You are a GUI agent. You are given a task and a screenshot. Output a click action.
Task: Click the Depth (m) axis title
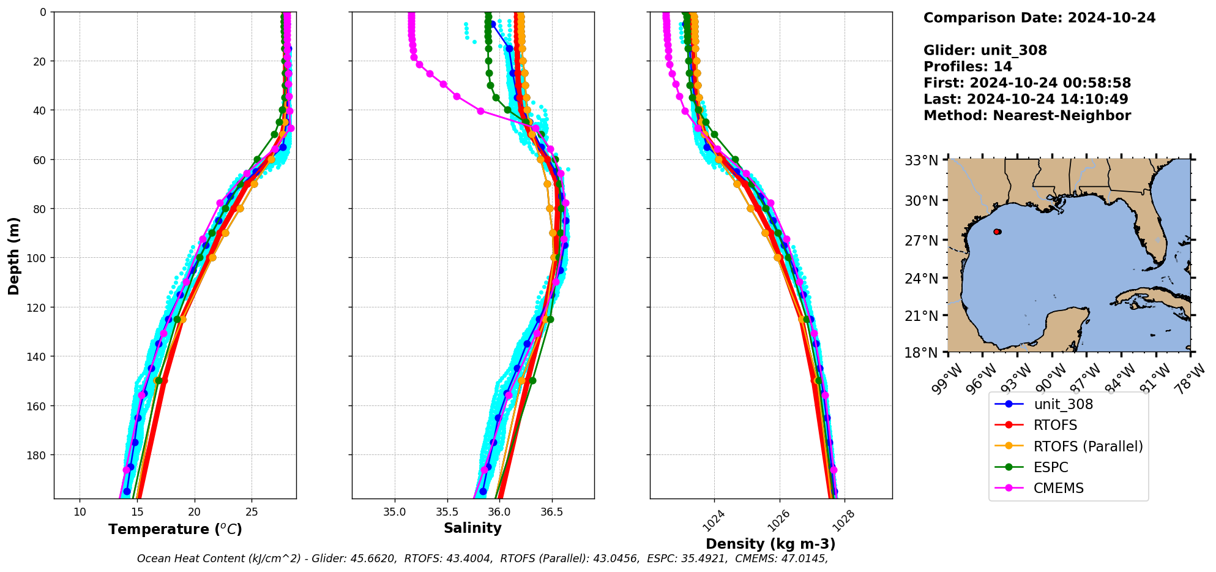(13, 255)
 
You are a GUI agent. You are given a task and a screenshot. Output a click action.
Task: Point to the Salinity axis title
(472, 528)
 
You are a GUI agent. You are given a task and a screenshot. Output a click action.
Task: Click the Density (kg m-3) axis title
(770, 544)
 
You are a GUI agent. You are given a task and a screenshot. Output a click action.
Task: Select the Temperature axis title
(175, 529)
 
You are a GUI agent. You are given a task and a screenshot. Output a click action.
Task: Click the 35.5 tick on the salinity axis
(447, 511)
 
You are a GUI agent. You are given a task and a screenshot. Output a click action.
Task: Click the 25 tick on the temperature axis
(252, 511)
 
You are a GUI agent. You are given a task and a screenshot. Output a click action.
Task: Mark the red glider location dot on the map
(997, 231)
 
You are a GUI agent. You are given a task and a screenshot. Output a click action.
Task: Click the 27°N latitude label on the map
(921, 241)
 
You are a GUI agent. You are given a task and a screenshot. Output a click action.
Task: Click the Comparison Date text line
(1039, 18)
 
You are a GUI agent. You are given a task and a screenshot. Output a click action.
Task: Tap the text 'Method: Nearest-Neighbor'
(1027, 116)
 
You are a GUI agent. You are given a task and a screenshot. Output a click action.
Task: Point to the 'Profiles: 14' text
(968, 67)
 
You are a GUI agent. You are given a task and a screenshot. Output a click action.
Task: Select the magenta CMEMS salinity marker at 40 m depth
(480, 111)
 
